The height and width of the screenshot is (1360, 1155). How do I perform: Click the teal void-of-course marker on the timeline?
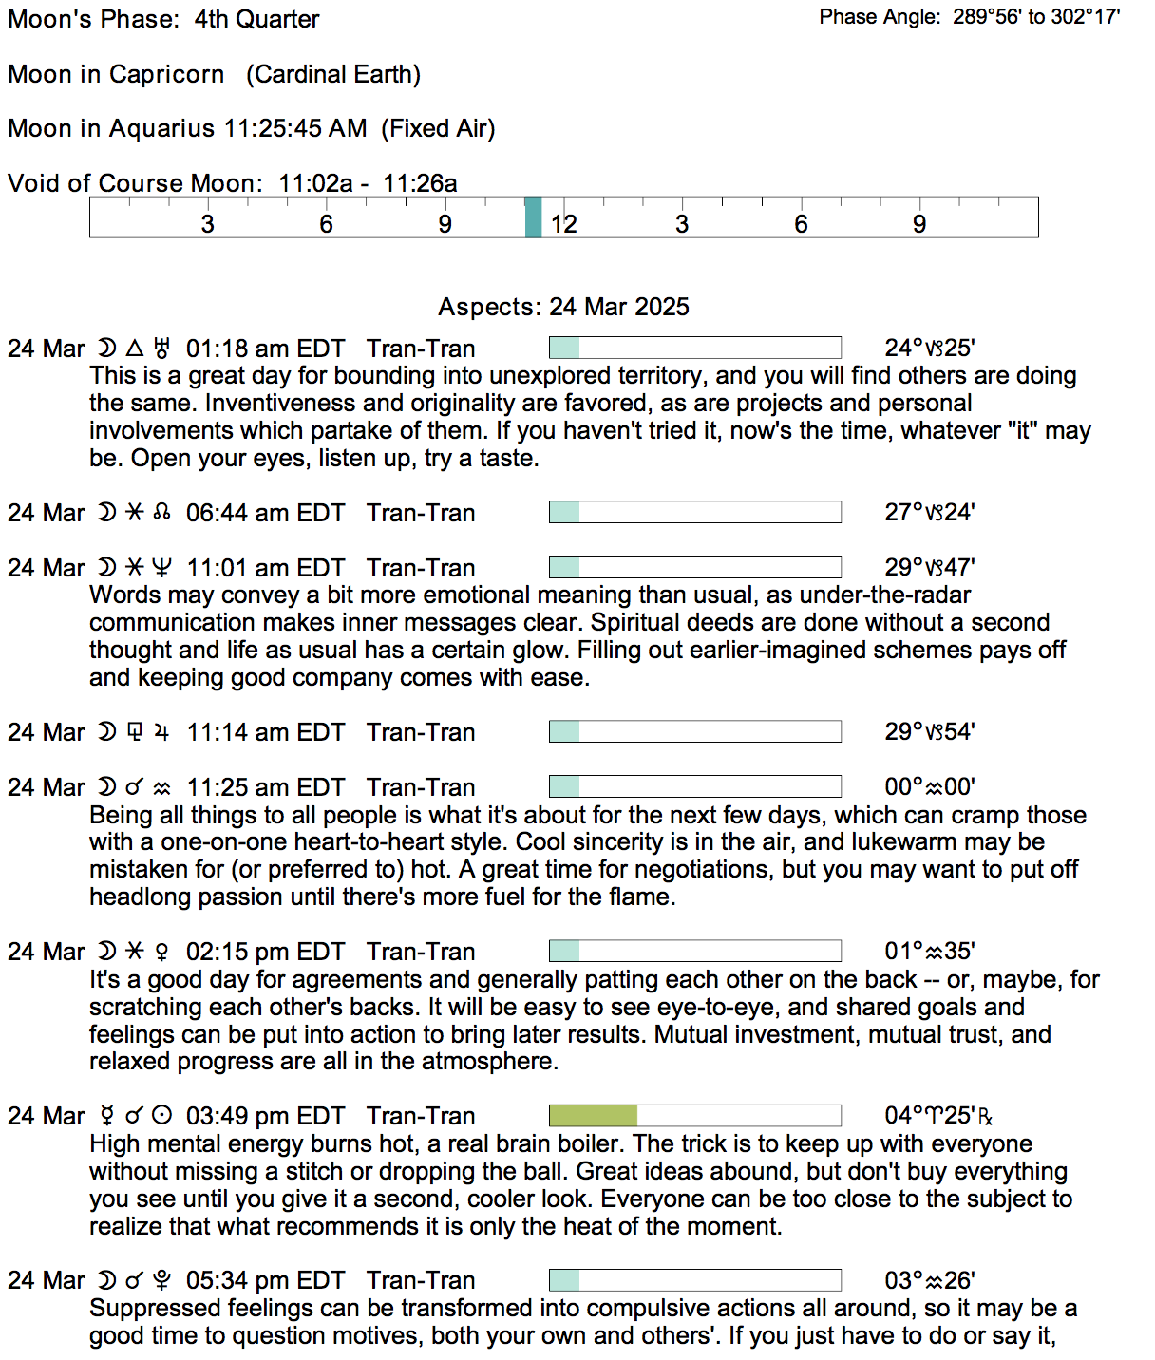coord(533,217)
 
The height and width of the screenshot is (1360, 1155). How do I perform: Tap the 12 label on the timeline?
coord(564,224)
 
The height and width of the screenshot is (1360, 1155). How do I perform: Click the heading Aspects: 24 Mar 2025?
coord(563,307)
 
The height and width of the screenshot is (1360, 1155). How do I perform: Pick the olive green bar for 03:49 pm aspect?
coord(594,1116)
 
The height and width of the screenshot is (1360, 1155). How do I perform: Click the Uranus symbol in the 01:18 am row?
coord(162,349)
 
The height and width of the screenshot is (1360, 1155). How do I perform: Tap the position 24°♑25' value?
coord(930,349)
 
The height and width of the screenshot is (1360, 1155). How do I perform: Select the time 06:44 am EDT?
coord(265,513)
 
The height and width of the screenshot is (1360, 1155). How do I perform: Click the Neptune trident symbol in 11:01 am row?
coord(162,568)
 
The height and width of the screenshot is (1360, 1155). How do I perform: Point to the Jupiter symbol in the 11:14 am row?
coord(162,732)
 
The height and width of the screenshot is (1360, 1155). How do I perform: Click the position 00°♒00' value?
coord(930,787)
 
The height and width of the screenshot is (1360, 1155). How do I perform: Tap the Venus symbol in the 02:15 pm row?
coord(162,952)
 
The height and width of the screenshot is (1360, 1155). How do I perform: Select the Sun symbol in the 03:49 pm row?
coord(162,1116)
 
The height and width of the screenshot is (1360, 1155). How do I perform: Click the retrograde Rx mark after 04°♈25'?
coord(985,1117)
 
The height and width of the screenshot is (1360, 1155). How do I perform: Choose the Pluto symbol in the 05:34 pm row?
coord(162,1280)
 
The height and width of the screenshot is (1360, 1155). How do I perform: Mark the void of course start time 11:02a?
coord(315,183)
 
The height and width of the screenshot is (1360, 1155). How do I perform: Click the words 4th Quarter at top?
coord(256,19)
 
